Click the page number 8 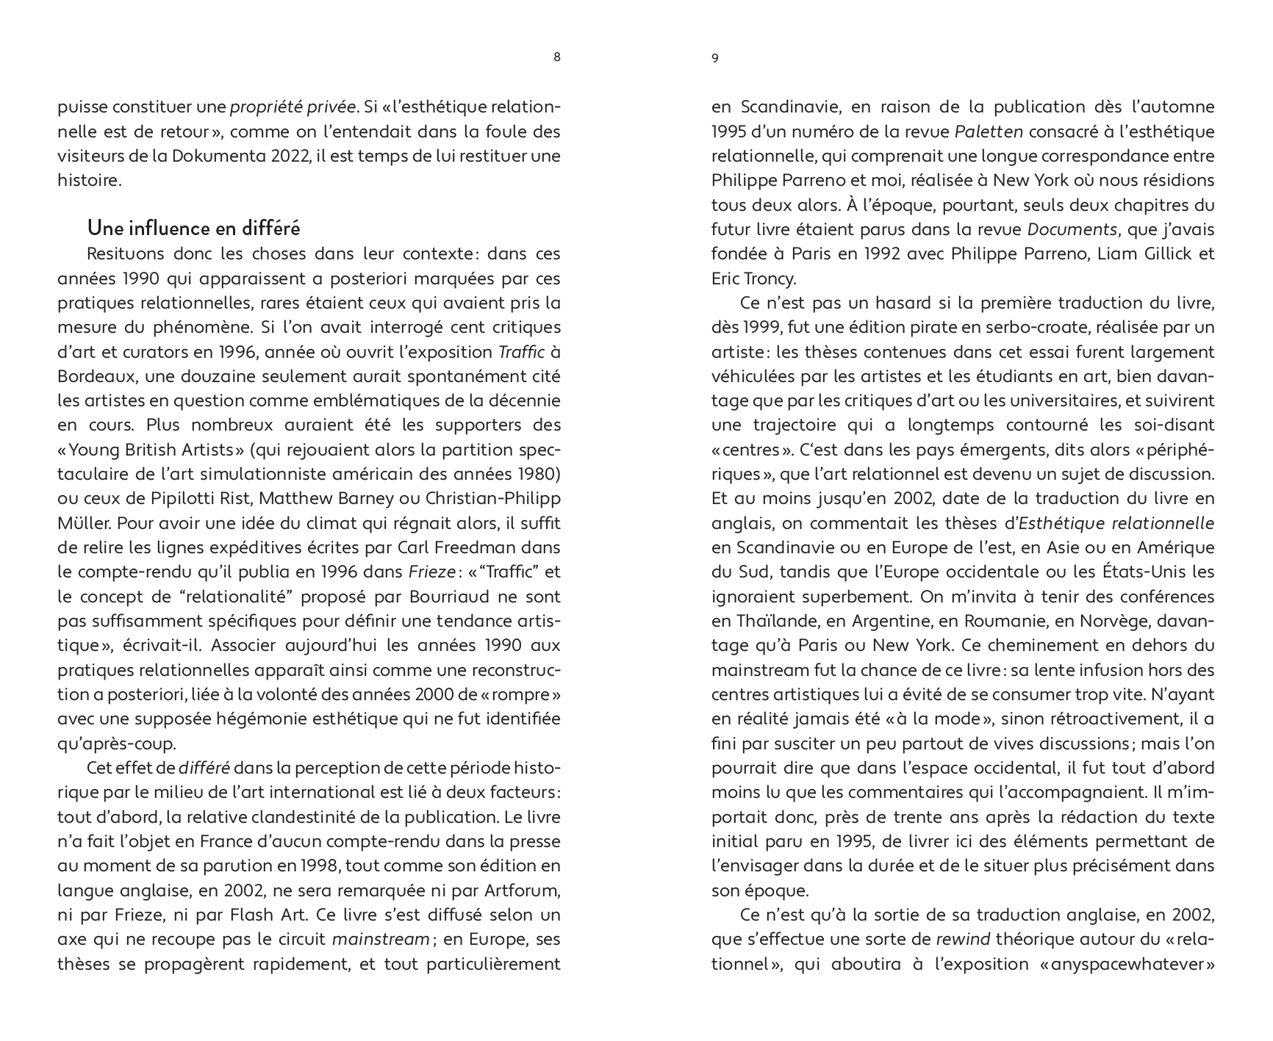tap(556, 58)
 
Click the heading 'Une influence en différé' tap(193, 228)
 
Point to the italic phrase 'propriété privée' tap(293, 107)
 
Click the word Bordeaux tap(93, 376)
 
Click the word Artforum tap(521, 890)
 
